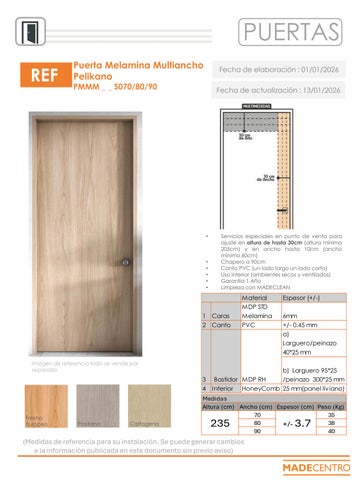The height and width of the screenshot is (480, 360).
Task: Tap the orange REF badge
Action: [x=43, y=75]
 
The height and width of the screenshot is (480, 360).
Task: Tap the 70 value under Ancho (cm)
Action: [x=257, y=415]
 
